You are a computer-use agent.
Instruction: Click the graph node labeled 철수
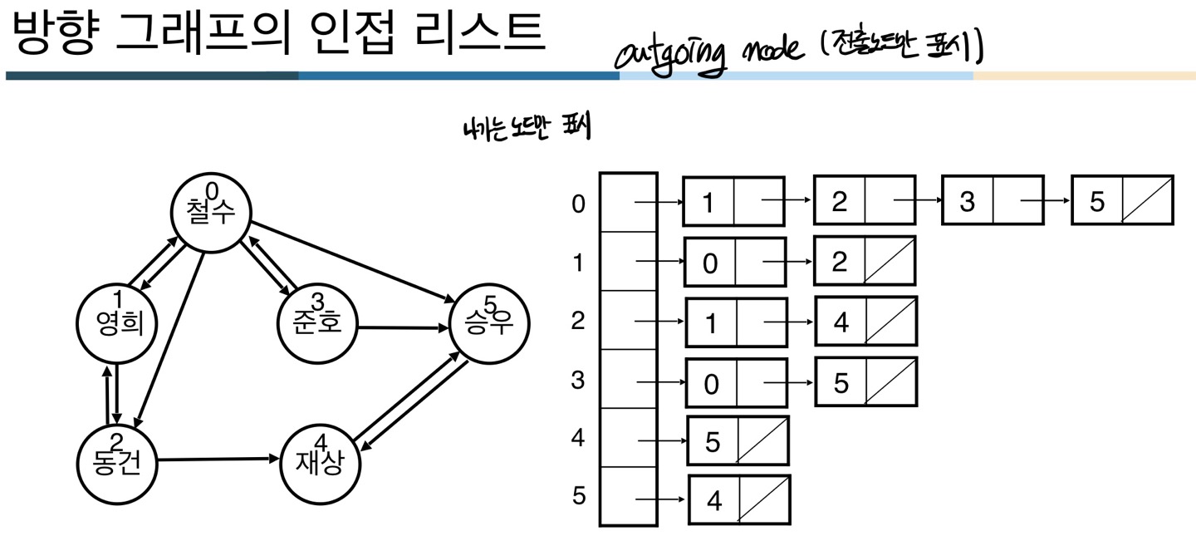211,212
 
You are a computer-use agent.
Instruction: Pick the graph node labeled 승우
488,322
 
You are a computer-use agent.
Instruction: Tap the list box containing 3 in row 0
992,202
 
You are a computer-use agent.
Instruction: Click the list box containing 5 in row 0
1122,200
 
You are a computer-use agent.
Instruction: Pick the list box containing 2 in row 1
864,261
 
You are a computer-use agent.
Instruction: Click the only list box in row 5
738,499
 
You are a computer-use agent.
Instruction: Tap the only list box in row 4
737,440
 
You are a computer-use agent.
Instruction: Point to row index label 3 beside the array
578,381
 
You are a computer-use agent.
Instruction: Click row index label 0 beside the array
578,204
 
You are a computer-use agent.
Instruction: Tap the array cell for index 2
628,320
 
